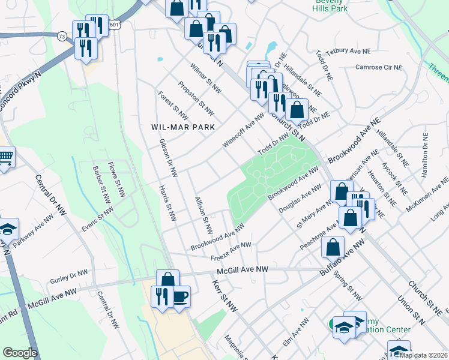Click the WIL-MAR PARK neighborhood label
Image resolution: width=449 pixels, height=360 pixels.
point(179,127)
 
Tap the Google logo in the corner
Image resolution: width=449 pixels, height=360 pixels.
point(20,352)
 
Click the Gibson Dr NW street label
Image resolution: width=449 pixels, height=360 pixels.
point(168,158)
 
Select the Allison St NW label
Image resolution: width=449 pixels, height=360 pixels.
point(203,214)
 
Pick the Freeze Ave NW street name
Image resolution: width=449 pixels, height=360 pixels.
point(231,252)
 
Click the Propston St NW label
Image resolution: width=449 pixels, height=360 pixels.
point(196,98)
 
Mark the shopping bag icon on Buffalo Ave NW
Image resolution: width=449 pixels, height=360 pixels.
point(333,247)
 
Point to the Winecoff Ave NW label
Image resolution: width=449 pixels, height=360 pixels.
point(243,127)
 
